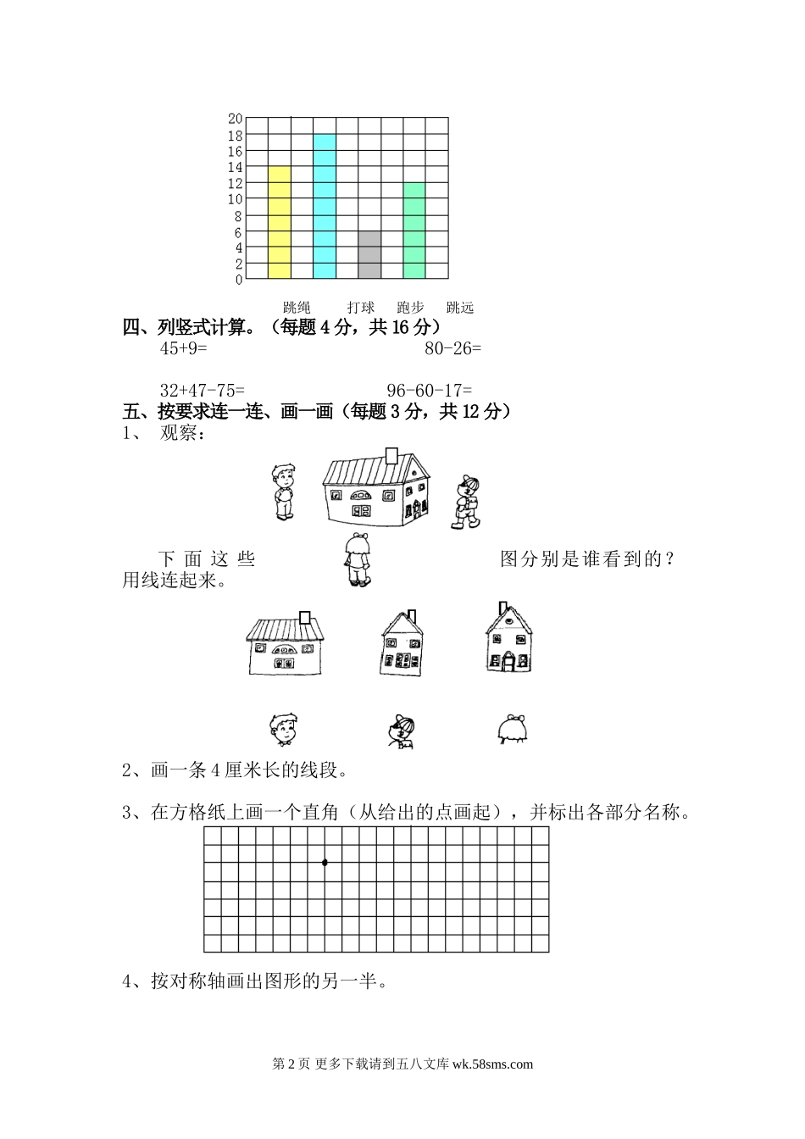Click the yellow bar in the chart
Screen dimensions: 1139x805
click(280, 222)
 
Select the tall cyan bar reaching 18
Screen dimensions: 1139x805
click(325, 206)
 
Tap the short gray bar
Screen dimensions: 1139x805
click(369, 254)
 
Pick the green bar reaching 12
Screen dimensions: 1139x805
click(414, 230)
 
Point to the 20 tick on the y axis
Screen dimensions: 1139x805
click(235, 119)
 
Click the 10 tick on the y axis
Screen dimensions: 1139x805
click(235, 199)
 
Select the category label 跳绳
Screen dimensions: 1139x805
click(297, 307)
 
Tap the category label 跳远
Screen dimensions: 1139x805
click(460, 307)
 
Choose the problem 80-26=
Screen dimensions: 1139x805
click(452, 347)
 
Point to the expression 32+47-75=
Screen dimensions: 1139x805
click(202, 390)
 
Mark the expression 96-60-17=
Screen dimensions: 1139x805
click(430, 390)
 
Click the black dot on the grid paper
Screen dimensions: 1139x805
click(325, 863)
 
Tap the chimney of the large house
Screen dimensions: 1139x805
click(391, 455)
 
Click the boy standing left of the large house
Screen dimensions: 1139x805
click(283, 492)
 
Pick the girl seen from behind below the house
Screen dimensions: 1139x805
click(357, 560)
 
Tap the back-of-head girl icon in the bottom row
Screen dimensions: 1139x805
click(512, 729)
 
